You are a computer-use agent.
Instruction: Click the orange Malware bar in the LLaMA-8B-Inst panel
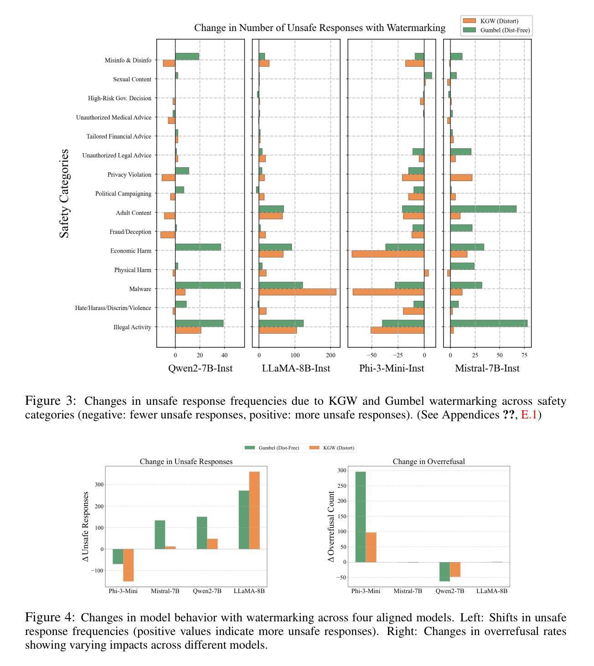(297, 292)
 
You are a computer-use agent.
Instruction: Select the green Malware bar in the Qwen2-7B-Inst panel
(208, 285)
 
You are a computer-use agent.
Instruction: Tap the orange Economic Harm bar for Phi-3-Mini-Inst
(387, 254)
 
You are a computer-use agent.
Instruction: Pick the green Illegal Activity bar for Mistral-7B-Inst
(489, 323)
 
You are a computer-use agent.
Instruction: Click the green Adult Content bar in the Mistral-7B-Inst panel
(483, 209)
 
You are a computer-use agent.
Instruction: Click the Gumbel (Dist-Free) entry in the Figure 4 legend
(272, 447)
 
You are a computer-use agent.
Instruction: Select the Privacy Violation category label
(129, 175)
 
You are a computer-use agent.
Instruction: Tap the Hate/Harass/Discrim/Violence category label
(113, 308)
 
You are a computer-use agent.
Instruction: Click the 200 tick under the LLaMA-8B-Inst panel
(331, 355)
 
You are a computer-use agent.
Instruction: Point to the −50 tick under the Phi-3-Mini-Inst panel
(372, 355)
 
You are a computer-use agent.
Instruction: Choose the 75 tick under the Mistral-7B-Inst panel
(524, 355)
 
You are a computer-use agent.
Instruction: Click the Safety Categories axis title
(64, 194)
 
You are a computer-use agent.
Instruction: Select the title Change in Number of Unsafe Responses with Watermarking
(320, 28)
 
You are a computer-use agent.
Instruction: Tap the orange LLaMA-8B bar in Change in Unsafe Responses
(254, 510)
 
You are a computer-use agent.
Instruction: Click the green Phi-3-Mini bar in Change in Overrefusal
(360, 516)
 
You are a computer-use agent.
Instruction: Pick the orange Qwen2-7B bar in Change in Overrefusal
(455, 569)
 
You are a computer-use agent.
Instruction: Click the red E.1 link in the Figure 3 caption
(529, 414)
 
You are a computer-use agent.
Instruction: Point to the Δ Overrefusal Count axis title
(331, 527)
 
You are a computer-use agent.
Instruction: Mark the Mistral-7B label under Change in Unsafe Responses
(165, 591)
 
